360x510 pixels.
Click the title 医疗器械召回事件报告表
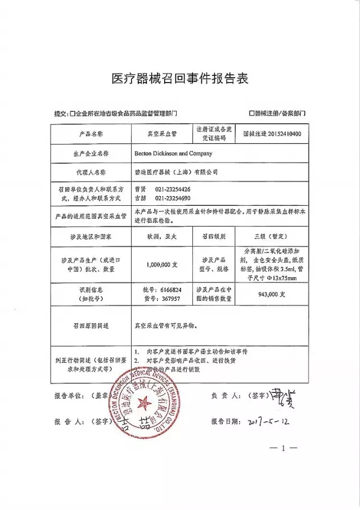coord(180,78)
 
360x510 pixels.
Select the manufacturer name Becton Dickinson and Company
coord(174,153)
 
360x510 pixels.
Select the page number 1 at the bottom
coord(283,448)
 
